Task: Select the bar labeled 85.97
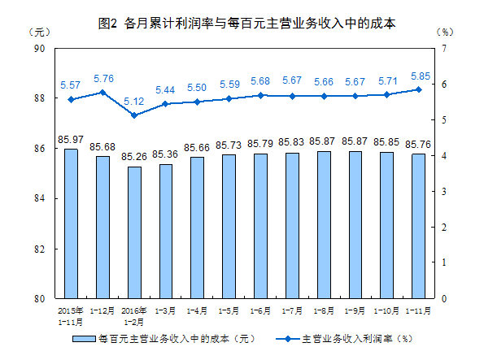[x=71, y=223]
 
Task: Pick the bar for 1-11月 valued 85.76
[x=418, y=226]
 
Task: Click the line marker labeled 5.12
[x=133, y=115]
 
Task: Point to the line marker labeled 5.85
[x=418, y=89]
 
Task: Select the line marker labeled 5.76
[x=102, y=93]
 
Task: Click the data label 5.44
[x=165, y=89]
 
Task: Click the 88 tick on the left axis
[x=38, y=98]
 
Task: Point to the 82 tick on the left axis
[x=38, y=249]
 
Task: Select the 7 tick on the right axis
[x=444, y=49]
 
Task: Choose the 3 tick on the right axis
[x=444, y=192]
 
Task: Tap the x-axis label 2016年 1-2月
[x=133, y=314]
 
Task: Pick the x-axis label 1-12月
[x=102, y=310]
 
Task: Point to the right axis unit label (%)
[x=445, y=33]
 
